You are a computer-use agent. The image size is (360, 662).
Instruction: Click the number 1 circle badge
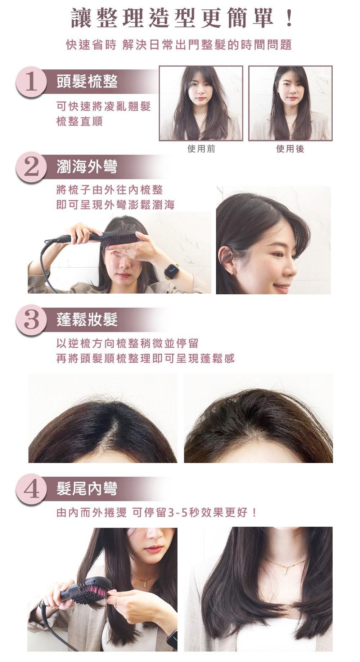coord(31,82)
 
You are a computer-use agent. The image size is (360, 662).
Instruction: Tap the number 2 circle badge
coord(31,168)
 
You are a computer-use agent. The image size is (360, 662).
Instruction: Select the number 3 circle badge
coord(31,320)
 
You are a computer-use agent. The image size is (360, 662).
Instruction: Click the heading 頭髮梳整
coord(87,82)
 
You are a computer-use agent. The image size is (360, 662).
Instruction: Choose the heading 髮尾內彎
coord(87,489)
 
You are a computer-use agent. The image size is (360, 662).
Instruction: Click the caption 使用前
coord(201,149)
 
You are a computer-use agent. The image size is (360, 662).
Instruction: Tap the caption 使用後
coord(290,149)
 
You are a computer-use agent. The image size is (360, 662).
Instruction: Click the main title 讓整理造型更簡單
coord(172,19)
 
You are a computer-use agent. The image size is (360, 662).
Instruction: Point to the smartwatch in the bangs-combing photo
coord(172,270)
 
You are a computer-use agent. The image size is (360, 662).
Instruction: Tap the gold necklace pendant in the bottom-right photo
coord(284,568)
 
